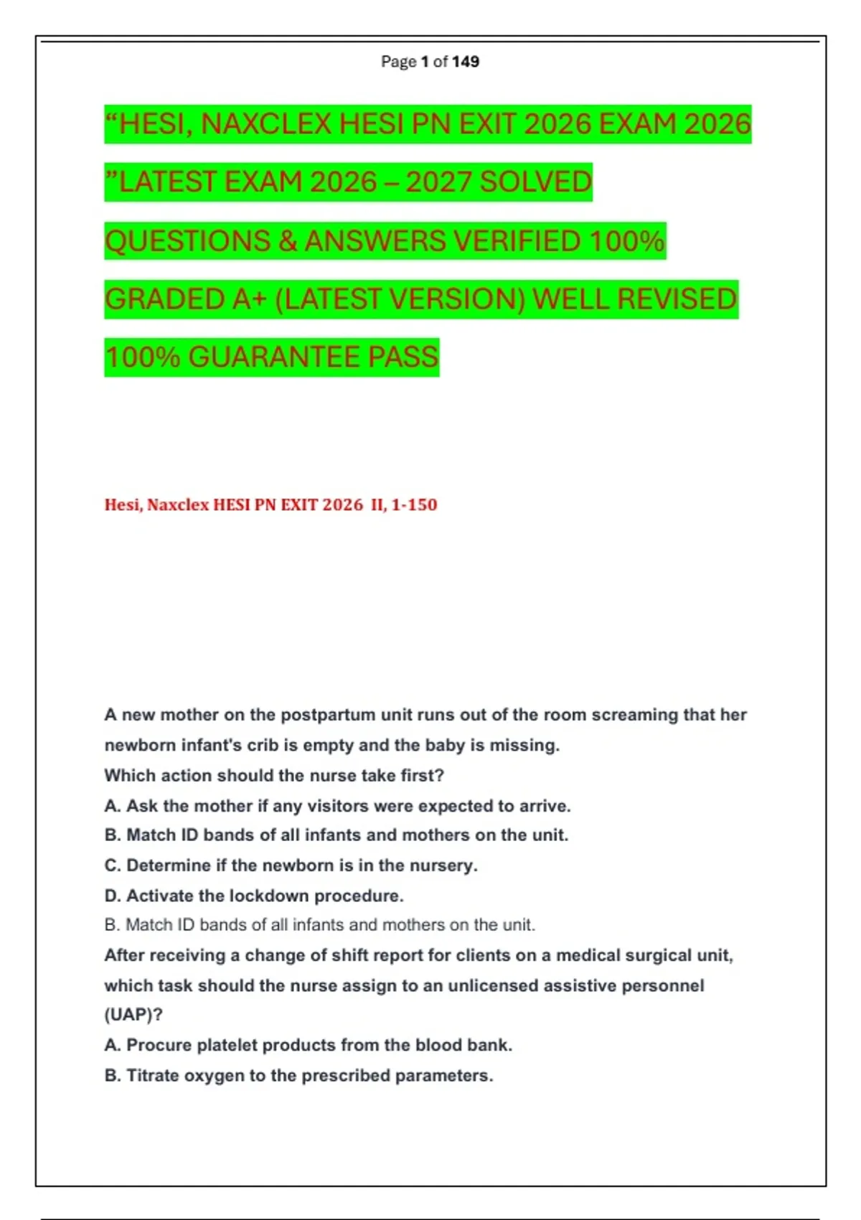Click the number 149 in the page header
tap(466, 62)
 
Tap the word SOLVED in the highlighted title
tap(535, 182)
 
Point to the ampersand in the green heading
tap(288, 241)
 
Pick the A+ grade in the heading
tap(250, 299)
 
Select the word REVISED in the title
tap(677, 299)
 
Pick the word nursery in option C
tap(446, 865)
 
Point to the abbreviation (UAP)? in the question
tap(133, 1015)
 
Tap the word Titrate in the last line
tap(153, 1075)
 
